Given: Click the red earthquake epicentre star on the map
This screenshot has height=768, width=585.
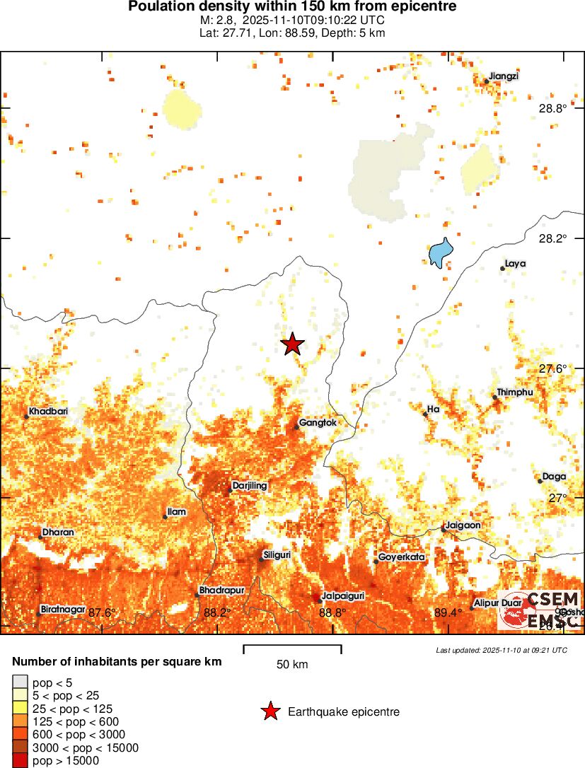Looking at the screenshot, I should [x=292, y=344].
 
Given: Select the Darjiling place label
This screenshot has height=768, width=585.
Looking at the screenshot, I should [x=250, y=486].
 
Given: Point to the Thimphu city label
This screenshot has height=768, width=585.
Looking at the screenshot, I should [x=515, y=392].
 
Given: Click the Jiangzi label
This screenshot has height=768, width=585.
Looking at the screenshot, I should [x=504, y=76].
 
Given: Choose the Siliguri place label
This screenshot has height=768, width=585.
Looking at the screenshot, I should [x=277, y=555].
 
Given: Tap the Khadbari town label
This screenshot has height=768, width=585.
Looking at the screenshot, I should [x=48, y=412].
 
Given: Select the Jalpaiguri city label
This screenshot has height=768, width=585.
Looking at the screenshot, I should [x=344, y=596].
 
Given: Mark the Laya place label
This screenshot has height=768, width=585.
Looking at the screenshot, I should [x=515, y=264].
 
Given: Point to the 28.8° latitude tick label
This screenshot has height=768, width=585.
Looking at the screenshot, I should [x=552, y=108].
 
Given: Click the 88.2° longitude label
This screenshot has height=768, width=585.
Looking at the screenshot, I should [x=216, y=612].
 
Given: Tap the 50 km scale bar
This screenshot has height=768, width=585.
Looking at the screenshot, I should [x=292, y=649].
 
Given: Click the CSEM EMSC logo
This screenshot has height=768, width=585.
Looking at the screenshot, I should [x=539, y=610].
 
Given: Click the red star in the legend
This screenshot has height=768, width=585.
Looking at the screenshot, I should [x=270, y=711].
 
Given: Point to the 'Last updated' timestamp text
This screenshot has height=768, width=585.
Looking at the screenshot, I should [x=501, y=650].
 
